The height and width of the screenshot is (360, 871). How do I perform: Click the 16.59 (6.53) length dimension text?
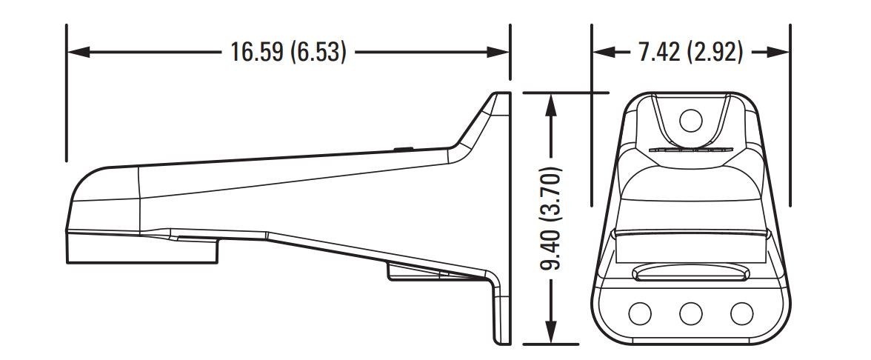[x=288, y=53]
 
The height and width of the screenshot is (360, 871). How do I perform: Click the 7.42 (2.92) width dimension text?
[x=690, y=53]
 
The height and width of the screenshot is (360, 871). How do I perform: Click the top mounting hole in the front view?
[x=690, y=119]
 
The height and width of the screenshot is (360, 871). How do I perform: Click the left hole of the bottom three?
[x=639, y=313]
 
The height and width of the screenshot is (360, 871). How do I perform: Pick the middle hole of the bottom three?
[x=690, y=313]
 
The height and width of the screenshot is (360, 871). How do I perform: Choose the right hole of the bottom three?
[x=741, y=313]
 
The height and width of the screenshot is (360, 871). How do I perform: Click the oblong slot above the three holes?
[x=690, y=273]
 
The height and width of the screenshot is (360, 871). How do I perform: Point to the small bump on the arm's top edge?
[x=402, y=148]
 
